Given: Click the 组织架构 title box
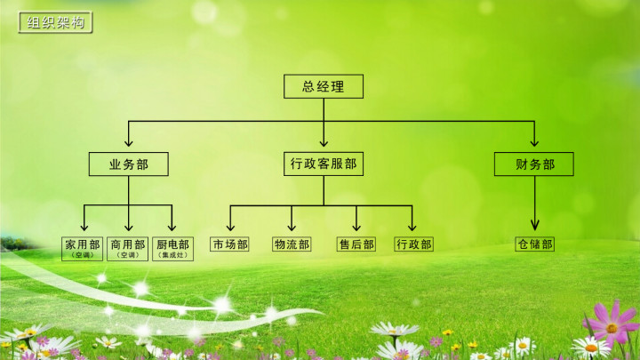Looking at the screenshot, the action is click(x=55, y=22).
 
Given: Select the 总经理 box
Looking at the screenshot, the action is click(x=324, y=86).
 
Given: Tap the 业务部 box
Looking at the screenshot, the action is click(x=129, y=164).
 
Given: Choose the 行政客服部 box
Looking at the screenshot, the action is click(x=324, y=164).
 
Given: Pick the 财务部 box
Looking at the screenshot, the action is click(x=534, y=164).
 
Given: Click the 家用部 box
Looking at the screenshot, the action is click(x=82, y=249).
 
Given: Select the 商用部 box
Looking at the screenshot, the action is click(x=127, y=249).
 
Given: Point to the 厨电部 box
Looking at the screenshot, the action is click(x=172, y=249).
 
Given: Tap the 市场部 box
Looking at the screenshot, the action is click(x=229, y=244).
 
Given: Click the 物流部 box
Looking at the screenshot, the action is click(x=292, y=244).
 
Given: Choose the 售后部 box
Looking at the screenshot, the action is click(x=356, y=244).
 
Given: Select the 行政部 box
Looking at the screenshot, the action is click(x=413, y=244).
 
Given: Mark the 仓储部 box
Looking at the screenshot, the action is click(x=535, y=244).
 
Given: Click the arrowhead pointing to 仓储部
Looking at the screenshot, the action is click(x=535, y=225).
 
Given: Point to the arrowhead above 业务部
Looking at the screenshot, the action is click(x=129, y=141).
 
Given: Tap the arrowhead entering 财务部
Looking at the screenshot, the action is click(x=534, y=141).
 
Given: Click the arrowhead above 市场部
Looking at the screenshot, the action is click(x=230, y=226).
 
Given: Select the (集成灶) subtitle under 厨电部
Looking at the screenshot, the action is click(x=172, y=255).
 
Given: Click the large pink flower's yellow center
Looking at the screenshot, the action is click(x=612, y=328).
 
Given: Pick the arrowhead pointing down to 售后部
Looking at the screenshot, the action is click(x=356, y=226).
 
